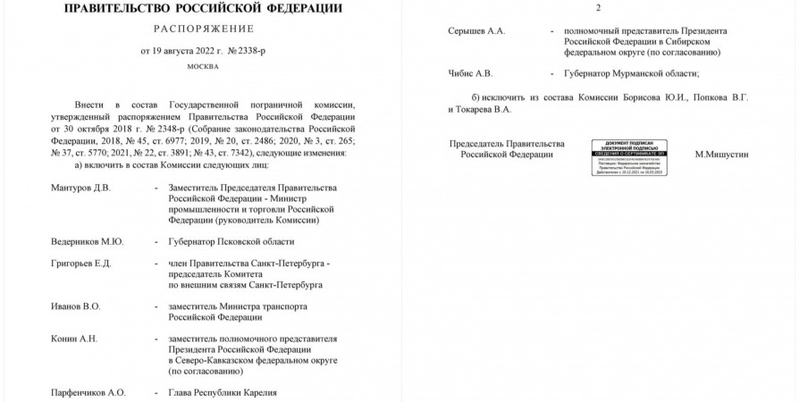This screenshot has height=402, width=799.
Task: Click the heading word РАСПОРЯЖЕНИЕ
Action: pos(202,29)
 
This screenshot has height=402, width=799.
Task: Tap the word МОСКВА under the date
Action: pos(202,67)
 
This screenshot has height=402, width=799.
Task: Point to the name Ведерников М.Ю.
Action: pos(86,242)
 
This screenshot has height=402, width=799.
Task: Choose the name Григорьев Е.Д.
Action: pos(81,264)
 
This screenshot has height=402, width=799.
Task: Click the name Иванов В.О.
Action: pos(75,306)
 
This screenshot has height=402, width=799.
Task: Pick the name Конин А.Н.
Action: pos(72,339)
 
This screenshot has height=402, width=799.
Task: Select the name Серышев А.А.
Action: pos(476,30)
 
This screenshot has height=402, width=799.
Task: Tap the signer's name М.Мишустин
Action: pos(721,155)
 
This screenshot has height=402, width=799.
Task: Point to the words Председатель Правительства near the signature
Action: pos(507,144)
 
